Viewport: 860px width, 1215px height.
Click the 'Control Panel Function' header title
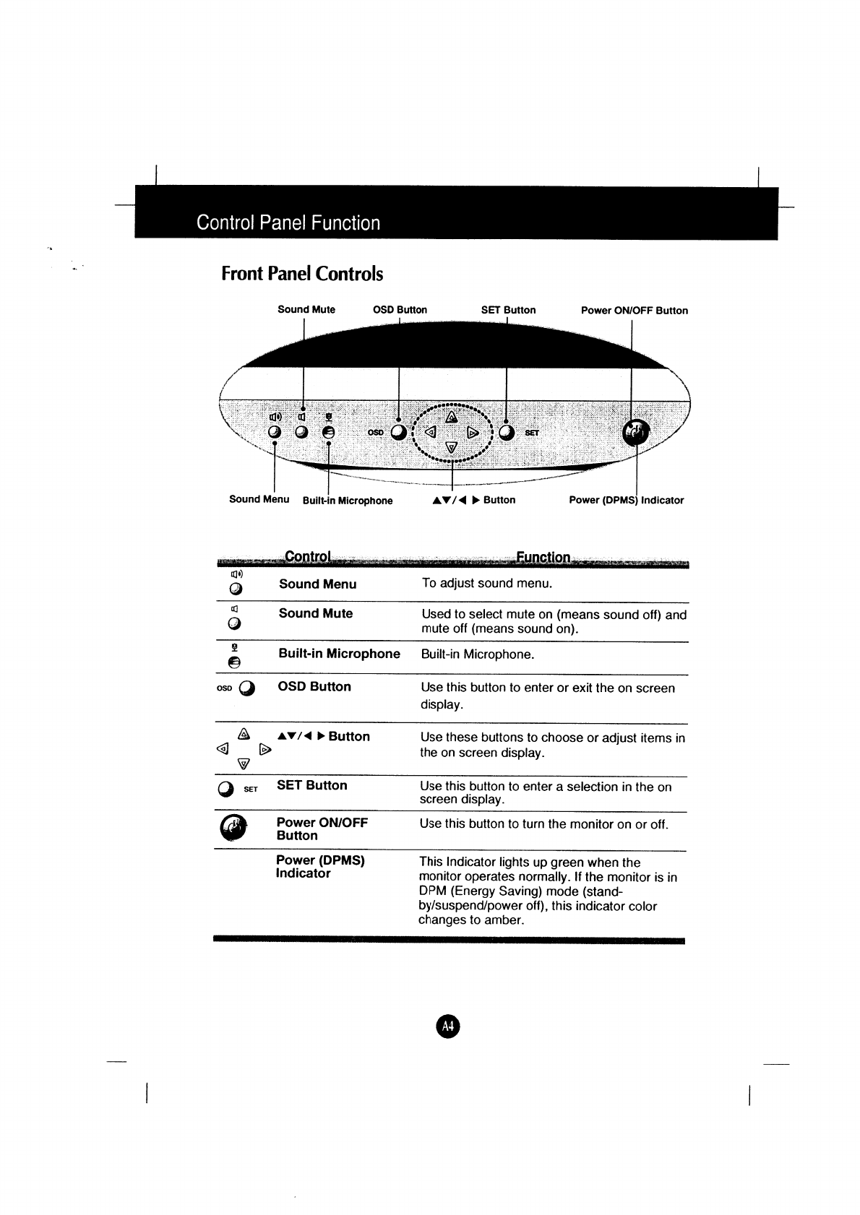[288, 222]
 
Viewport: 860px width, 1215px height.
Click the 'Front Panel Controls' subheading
[302, 274]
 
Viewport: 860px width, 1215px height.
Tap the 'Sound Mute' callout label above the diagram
[306, 310]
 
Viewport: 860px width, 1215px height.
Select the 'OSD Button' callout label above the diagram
[400, 310]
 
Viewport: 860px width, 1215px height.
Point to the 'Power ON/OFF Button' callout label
[634, 311]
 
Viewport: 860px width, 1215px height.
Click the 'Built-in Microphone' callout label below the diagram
[348, 501]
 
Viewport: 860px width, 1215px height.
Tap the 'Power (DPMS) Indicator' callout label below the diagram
[626, 500]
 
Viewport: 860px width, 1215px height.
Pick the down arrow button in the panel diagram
[451, 448]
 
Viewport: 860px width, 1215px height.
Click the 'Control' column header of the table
[308, 557]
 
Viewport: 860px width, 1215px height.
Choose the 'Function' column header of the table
[543, 558]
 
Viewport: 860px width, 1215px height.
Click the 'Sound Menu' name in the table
[317, 584]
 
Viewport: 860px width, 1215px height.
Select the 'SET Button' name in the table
[311, 785]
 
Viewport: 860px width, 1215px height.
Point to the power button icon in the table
[233, 828]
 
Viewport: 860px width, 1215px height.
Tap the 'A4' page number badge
[448, 1026]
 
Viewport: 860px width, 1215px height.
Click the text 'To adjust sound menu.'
[486, 584]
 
